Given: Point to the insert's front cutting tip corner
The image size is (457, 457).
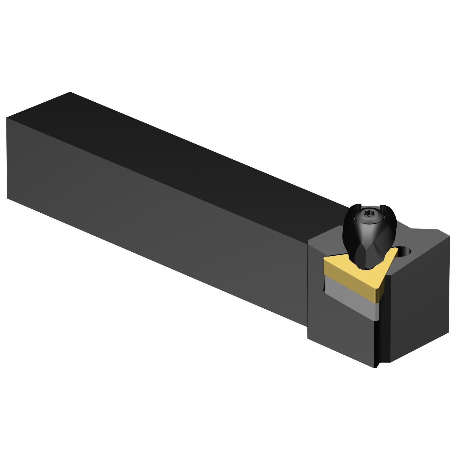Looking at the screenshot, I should tap(380, 291).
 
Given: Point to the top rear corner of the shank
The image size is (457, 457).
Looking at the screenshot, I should tap(70, 92).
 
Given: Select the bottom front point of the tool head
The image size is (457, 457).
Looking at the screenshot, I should tap(375, 367).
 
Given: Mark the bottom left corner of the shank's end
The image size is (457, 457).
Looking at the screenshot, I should tap(7, 198).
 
